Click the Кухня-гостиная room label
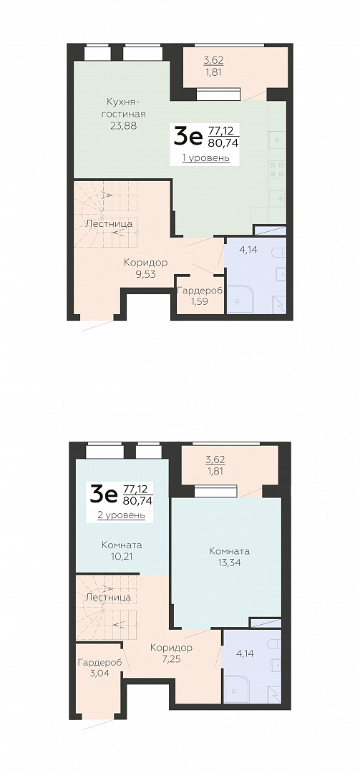tap(127, 107)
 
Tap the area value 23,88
tap(124, 125)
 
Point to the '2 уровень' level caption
tap(122, 515)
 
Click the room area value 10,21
tap(122, 557)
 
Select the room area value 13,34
tap(229, 563)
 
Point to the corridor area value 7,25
tap(171, 659)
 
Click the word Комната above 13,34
tap(229, 551)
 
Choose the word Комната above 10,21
tap(122, 545)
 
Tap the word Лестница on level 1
tap(109, 223)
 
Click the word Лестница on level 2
tap(108, 597)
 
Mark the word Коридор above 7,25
tap(171, 647)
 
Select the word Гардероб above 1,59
tap(200, 290)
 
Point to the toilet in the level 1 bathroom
tap(279, 253)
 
